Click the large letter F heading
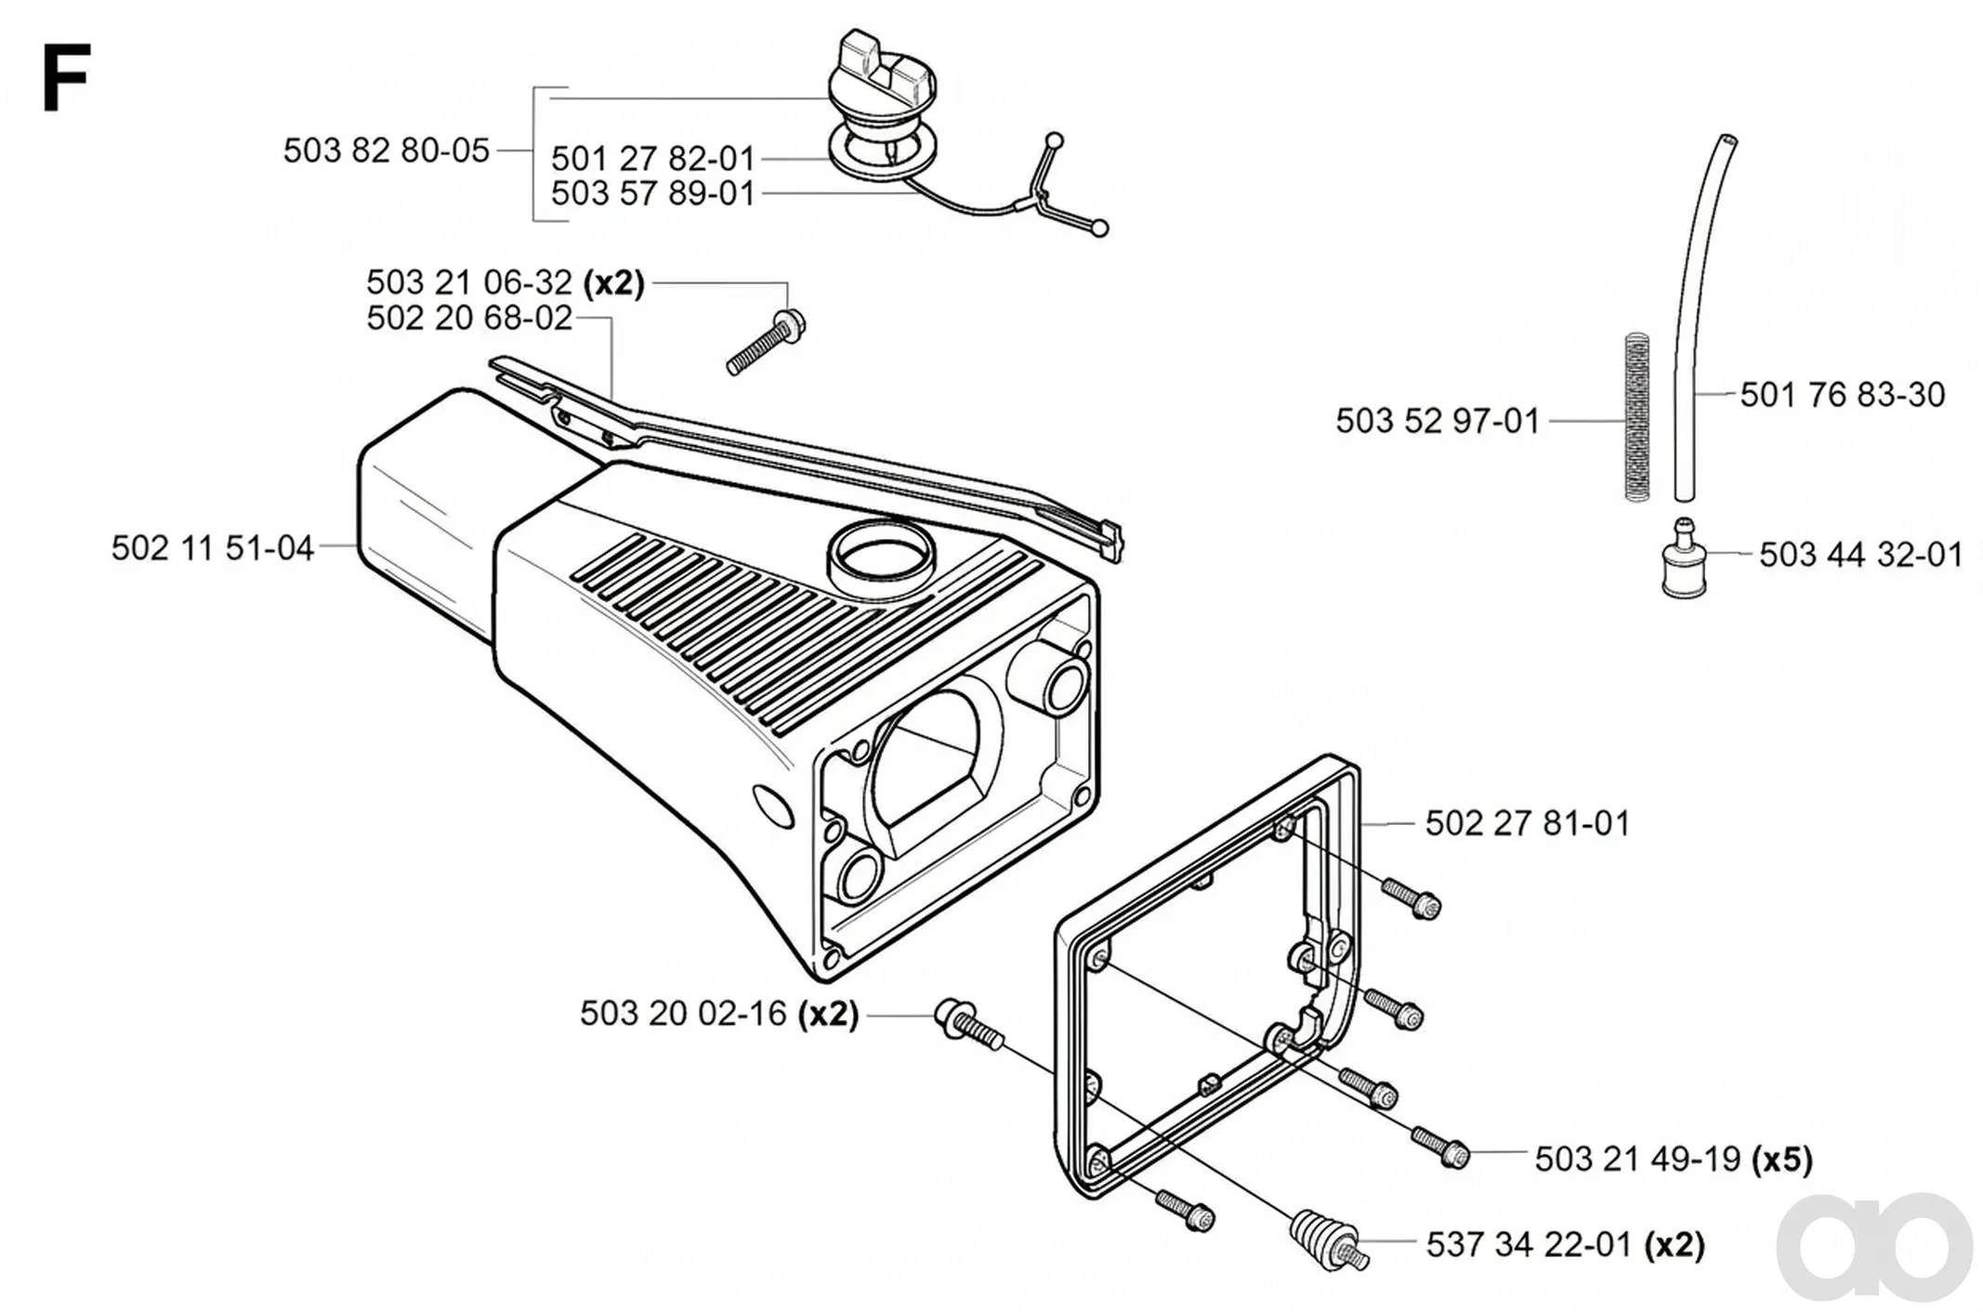coord(66,78)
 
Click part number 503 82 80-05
coord(387,151)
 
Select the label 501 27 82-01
coord(653,159)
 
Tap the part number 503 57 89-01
coord(653,194)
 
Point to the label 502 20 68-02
coord(469,319)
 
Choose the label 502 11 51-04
coord(213,548)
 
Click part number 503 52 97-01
coord(1438,422)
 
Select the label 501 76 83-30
coord(1843,395)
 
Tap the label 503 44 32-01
coord(1861,555)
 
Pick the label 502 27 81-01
coord(1528,824)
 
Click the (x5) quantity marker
coord(1781,1160)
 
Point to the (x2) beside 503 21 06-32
coord(613,282)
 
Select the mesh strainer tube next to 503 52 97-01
coord(1637,417)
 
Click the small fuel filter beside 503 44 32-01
coord(1684,559)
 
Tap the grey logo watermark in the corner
coord(1874,1247)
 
